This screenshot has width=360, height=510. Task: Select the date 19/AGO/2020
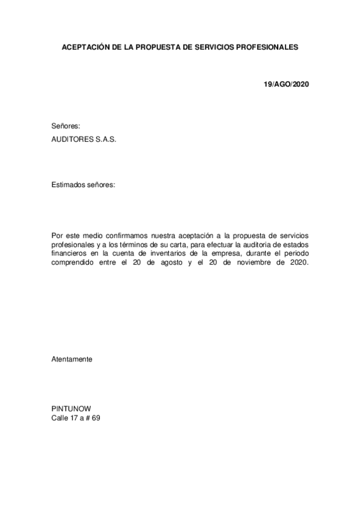point(286,84)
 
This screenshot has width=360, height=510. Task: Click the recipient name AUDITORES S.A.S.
point(84,138)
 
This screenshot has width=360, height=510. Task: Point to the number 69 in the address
point(96,416)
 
